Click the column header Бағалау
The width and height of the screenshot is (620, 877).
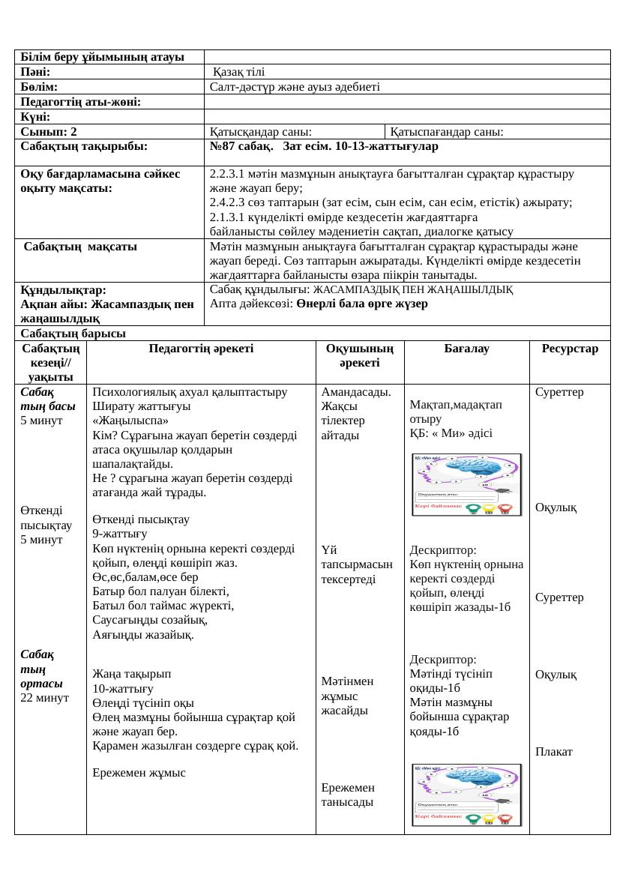pyautogui.click(x=466, y=349)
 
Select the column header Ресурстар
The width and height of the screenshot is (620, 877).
pyautogui.click(x=570, y=349)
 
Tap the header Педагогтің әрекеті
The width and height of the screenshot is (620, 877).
pyautogui.click(x=201, y=349)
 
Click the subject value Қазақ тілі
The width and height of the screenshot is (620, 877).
pyautogui.click(x=238, y=72)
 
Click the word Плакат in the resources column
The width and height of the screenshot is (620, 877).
pyautogui.click(x=554, y=752)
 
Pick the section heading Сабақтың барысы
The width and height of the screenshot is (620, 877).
pyautogui.click(x=73, y=334)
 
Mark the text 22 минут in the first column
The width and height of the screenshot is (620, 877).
pyautogui.click(x=45, y=698)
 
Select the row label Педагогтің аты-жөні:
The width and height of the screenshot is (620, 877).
pyautogui.click(x=82, y=102)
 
